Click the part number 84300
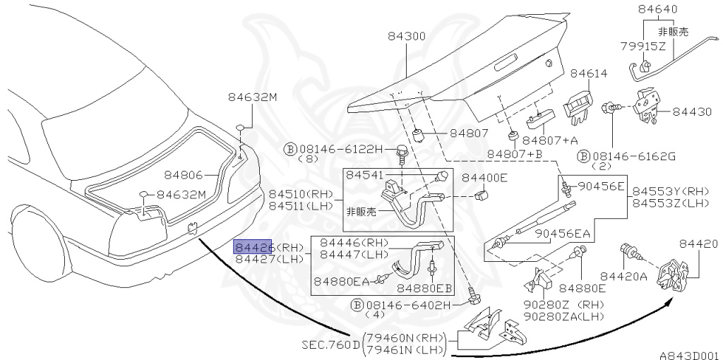point(406,36)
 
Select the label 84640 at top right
point(657,10)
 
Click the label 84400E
point(484,178)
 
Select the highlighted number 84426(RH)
point(268,247)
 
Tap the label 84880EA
point(342,280)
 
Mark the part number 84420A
point(623,276)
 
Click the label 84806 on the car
point(184,174)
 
